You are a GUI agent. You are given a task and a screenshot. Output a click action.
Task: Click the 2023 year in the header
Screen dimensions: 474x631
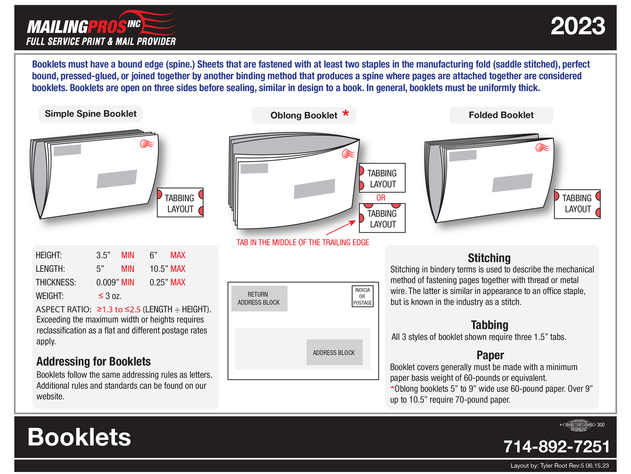(x=577, y=26)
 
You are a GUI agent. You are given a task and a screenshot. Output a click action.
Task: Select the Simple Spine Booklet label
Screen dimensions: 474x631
(x=90, y=114)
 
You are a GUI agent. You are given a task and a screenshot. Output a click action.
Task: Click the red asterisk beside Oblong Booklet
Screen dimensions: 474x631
(x=345, y=114)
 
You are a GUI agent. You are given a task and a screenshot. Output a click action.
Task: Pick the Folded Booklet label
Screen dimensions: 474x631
(x=501, y=115)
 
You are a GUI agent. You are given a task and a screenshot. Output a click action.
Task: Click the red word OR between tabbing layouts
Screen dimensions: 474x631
(x=381, y=198)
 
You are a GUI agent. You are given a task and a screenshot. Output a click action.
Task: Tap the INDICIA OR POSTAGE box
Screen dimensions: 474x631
(x=362, y=296)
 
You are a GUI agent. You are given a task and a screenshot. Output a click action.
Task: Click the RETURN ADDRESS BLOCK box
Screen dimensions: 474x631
(x=259, y=298)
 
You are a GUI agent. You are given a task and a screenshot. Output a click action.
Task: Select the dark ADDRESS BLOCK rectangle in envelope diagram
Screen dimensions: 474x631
(x=334, y=352)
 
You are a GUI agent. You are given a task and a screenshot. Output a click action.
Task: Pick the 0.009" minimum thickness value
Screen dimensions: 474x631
(x=107, y=282)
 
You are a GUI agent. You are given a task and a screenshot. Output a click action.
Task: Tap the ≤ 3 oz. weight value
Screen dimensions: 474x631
(x=110, y=296)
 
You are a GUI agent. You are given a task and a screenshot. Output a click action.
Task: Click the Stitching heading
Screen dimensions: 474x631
(x=489, y=258)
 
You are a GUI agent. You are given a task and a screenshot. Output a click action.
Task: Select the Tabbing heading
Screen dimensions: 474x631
(x=489, y=325)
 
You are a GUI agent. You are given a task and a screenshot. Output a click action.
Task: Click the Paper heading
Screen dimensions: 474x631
(x=490, y=355)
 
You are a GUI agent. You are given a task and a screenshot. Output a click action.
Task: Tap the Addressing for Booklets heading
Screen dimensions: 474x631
(x=93, y=362)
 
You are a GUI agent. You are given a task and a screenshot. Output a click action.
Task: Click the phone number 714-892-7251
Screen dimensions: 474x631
(x=556, y=446)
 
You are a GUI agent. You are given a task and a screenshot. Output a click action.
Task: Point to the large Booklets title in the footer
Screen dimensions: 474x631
(x=79, y=437)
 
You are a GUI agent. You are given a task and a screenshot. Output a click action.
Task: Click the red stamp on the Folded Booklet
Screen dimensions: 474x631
(x=543, y=148)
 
